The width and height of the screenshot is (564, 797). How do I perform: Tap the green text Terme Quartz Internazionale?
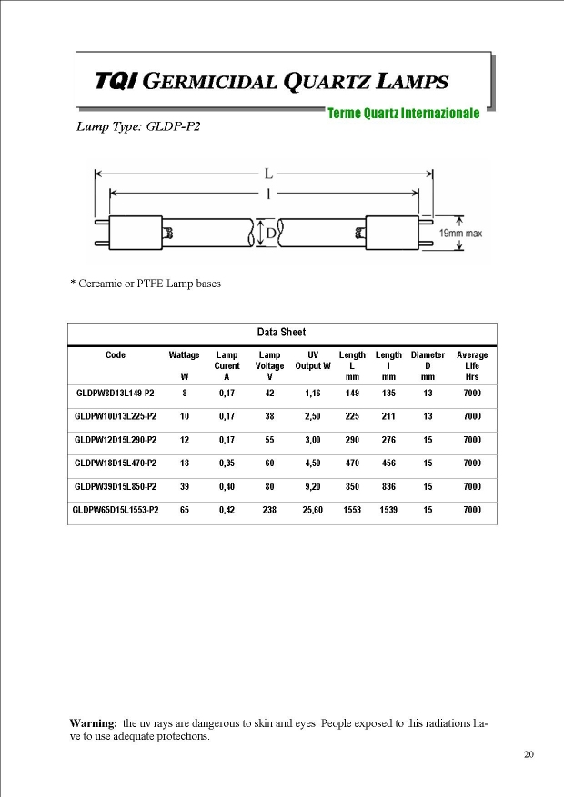(x=404, y=114)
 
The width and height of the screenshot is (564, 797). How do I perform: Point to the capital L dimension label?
(x=267, y=172)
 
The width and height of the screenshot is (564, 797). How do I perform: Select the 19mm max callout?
(x=461, y=234)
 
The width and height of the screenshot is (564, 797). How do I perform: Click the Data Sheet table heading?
(x=282, y=333)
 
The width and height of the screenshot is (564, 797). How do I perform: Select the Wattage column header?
(x=185, y=354)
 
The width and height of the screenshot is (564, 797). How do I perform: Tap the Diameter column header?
(x=428, y=354)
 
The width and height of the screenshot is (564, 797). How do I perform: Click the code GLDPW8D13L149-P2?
(x=116, y=393)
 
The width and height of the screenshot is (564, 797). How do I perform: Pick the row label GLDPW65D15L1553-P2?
(x=116, y=510)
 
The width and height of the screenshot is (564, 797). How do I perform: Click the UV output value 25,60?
(x=313, y=510)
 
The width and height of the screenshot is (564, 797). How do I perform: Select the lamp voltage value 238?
(x=269, y=510)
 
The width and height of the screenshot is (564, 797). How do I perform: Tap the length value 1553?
(x=352, y=510)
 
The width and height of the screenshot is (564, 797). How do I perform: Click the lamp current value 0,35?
(x=227, y=463)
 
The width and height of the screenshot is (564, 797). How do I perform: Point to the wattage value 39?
(x=185, y=486)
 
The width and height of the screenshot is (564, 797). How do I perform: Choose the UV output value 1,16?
(x=313, y=393)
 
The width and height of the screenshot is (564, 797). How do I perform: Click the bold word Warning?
(x=94, y=722)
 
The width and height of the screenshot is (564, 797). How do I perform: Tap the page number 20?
(x=529, y=754)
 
